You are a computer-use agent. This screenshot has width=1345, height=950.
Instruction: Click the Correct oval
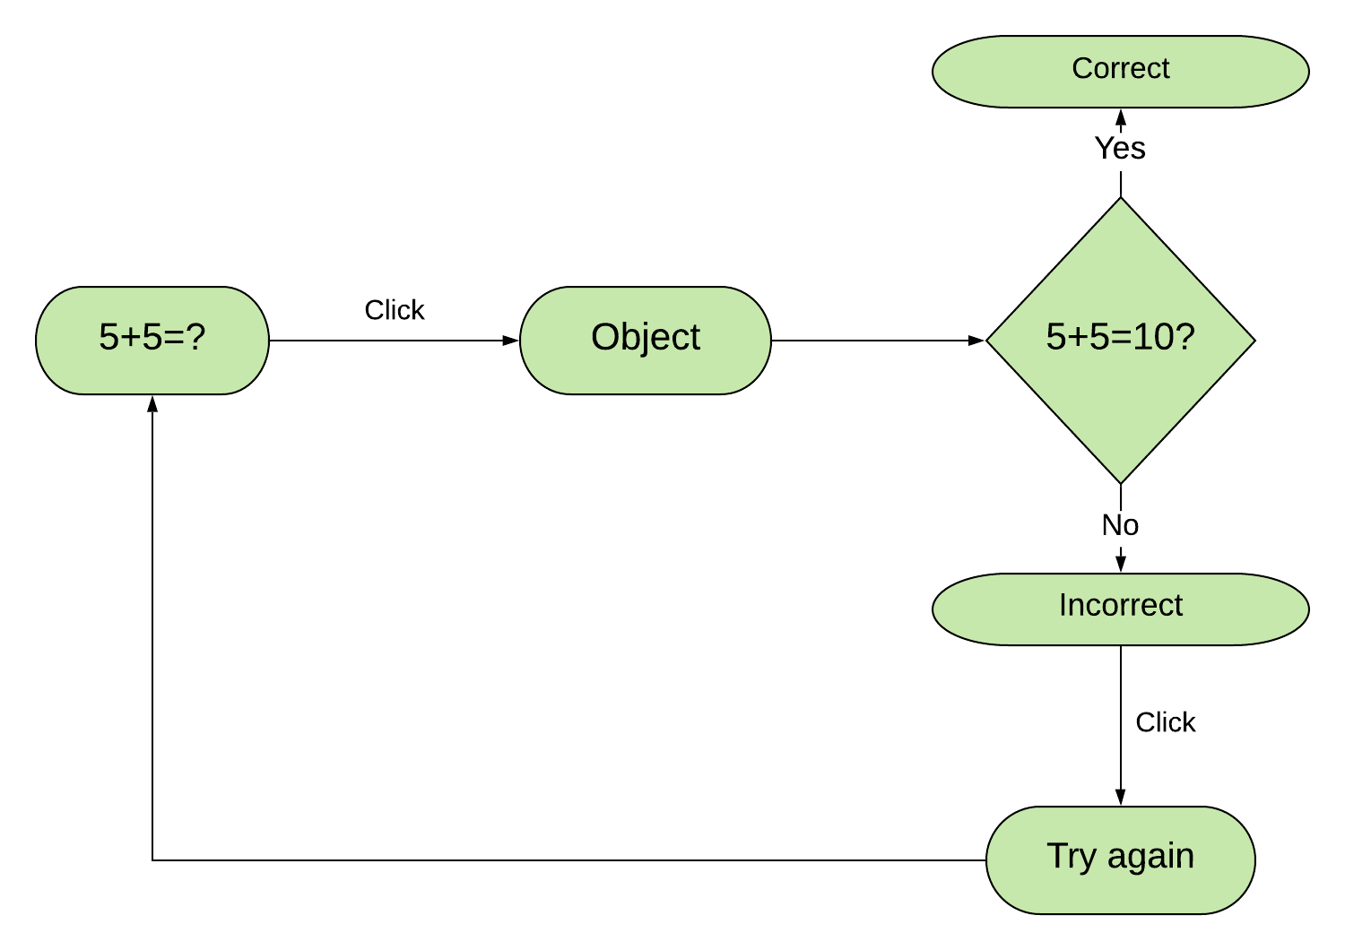click(x=1120, y=72)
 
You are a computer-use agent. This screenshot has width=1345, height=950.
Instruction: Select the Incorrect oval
click(x=1120, y=609)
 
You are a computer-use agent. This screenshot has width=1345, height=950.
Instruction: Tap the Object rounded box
click(x=645, y=341)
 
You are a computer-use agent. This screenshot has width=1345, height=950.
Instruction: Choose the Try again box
click(x=1120, y=860)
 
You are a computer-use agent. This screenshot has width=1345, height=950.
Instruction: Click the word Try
click(x=1072, y=857)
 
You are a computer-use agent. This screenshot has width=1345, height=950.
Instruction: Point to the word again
click(x=1150, y=857)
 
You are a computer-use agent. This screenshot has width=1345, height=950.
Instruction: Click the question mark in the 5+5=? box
click(x=195, y=337)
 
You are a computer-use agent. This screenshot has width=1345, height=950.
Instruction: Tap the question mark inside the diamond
click(x=1184, y=337)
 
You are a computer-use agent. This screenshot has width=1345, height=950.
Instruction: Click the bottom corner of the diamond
click(x=1121, y=479)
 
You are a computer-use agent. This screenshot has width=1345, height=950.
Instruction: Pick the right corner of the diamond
click(x=1251, y=341)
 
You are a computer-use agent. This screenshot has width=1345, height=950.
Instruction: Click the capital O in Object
click(x=604, y=337)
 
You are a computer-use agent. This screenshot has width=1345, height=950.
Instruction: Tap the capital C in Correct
click(x=1081, y=68)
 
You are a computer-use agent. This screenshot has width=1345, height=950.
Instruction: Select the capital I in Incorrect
click(x=1063, y=605)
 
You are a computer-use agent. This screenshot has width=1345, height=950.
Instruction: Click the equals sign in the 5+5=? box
click(x=174, y=337)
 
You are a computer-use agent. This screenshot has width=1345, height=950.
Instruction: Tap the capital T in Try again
click(x=1057, y=855)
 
